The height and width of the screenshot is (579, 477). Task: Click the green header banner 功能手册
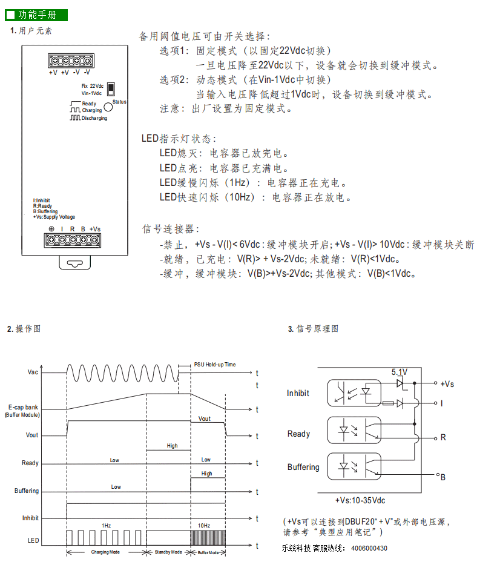(36, 15)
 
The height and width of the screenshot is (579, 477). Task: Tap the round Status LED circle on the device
(108, 107)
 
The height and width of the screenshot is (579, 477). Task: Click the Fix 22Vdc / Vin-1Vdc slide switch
(111, 89)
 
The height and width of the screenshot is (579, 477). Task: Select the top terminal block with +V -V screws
(71, 61)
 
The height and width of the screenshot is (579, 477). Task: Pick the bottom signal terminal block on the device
(73, 240)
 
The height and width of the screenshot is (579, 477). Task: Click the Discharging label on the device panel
(94, 118)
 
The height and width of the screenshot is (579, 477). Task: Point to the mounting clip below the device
(75, 262)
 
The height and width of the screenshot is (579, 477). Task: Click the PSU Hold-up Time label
(215, 365)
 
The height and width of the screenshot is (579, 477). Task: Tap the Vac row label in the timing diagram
(33, 372)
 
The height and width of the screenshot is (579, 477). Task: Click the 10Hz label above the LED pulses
(204, 526)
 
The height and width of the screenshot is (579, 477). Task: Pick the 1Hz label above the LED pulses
(107, 526)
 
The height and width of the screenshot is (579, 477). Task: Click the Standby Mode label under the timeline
(168, 552)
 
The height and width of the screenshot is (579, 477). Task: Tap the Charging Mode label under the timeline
(105, 552)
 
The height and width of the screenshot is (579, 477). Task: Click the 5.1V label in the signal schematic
(400, 372)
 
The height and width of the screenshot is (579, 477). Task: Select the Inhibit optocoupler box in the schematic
(354, 393)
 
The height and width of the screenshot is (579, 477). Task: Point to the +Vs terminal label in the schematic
(447, 384)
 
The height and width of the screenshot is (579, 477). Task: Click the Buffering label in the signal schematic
(303, 467)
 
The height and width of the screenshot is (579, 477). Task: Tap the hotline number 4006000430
(369, 548)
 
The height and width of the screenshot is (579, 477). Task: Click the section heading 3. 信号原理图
(313, 329)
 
